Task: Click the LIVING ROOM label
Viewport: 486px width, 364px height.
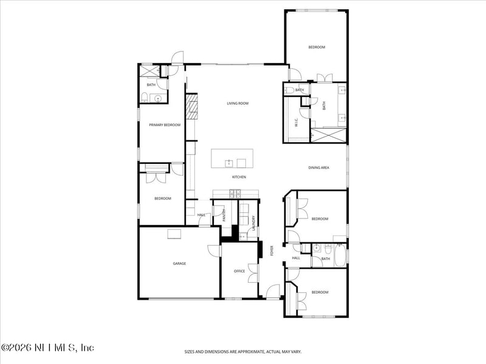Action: [x=238, y=104]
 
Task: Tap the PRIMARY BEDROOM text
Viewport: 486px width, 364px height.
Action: [x=165, y=125]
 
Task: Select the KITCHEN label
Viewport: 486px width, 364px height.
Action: [x=239, y=177]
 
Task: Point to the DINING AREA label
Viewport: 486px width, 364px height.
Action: [x=318, y=167]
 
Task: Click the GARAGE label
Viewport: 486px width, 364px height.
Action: [x=179, y=263]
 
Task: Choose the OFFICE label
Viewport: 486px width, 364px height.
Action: [x=239, y=271]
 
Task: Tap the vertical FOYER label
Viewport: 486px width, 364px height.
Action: [x=272, y=251]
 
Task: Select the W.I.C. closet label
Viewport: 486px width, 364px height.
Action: [x=296, y=121]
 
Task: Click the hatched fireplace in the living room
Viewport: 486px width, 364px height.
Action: [x=192, y=107]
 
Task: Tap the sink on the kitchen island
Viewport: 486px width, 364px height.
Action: [x=229, y=163]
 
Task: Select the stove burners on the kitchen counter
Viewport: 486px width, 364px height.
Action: [x=234, y=194]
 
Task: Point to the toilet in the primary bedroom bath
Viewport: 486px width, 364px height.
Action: [x=144, y=98]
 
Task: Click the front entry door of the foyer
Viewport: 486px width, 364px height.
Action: [x=272, y=292]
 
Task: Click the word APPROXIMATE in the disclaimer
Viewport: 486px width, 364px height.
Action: [x=243, y=351]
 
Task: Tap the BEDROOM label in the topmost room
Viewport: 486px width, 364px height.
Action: [x=317, y=47]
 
